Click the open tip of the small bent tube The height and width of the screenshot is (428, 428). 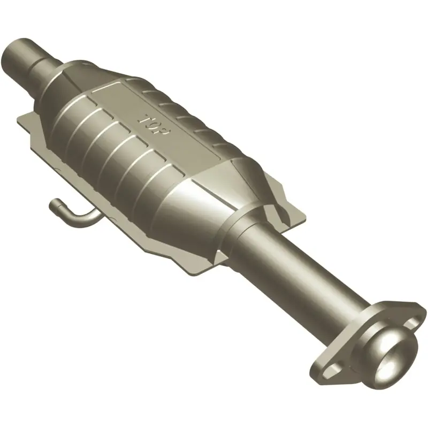click(53, 204)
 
